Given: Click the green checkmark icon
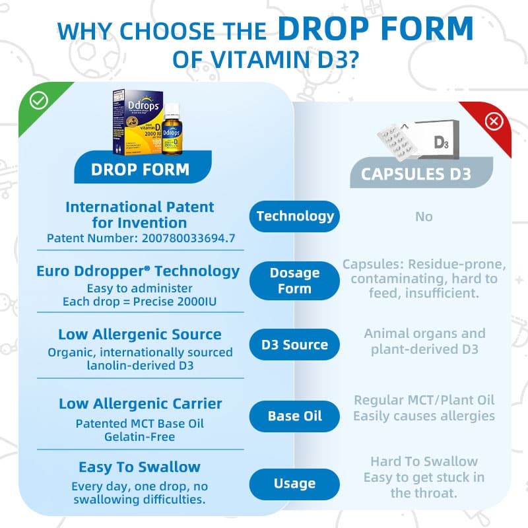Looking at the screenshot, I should pyautogui.click(x=39, y=100).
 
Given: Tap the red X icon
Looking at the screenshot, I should pyautogui.click(x=494, y=121).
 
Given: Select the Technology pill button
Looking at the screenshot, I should pyautogui.click(x=295, y=216).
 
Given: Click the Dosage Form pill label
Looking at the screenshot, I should pyautogui.click(x=294, y=280).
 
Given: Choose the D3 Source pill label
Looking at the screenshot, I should pyautogui.click(x=294, y=345).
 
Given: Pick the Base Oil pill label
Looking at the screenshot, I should pyautogui.click(x=294, y=416).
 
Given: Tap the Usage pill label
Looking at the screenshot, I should pyautogui.click(x=294, y=484).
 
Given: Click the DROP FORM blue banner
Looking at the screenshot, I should pyautogui.click(x=140, y=168).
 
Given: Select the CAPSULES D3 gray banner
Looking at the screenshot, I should pyautogui.click(x=416, y=174).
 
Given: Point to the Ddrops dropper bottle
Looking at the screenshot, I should pyautogui.click(x=172, y=127).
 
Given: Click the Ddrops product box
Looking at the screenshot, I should pyautogui.click(x=135, y=119).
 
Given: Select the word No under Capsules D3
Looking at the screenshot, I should pyautogui.click(x=424, y=216).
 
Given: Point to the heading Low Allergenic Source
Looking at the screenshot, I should pyautogui.click(x=140, y=334).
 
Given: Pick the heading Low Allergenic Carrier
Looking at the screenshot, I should pyautogui.click(x=140, y=403).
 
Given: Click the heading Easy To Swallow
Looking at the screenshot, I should pyautogui.click(x=140, y=467).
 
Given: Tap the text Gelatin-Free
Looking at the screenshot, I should pyautogui.click(x=140, y=436).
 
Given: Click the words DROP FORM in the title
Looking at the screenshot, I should pyautogui.click(x=375, y=28).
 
